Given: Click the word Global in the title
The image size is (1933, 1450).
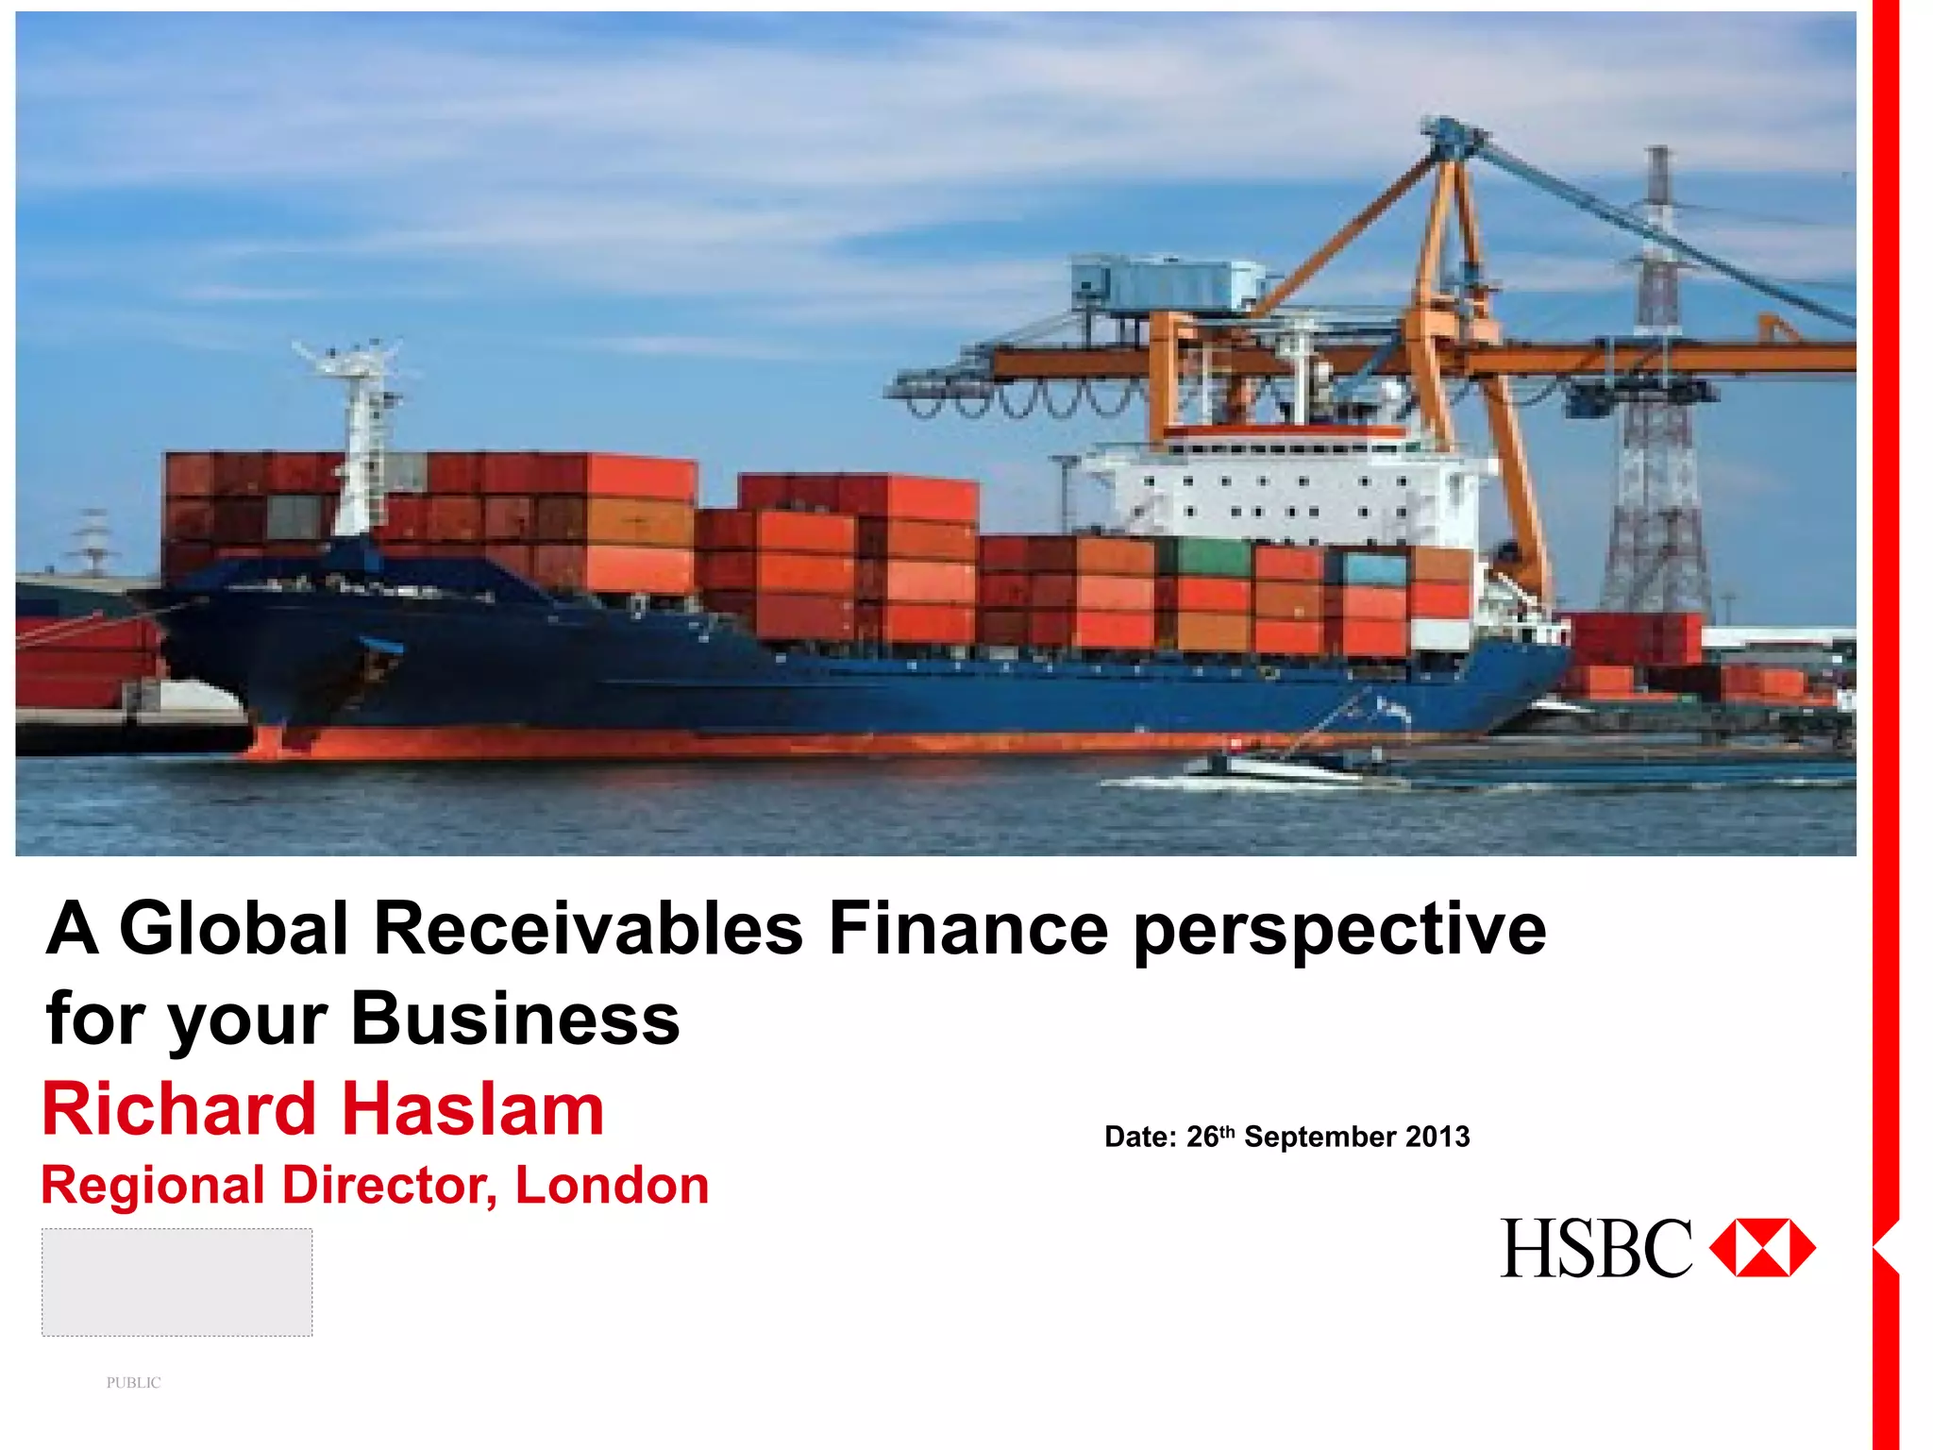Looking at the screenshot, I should [x=234, y=929].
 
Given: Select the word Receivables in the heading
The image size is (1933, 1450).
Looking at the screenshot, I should [x=588, y=929].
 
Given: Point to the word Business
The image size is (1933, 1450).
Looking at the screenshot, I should [x=515, y=1020].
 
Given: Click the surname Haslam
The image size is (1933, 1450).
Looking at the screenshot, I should [x=472, y=1109].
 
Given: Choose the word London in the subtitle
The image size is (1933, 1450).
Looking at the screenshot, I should [x=612, y=1186].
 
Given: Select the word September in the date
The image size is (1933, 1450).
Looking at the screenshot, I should [x=1319, y=1137].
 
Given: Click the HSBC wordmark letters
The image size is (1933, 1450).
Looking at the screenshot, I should [x=1595, y=1249].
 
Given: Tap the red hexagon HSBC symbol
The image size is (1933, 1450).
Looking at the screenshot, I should [x=1762, y=1248].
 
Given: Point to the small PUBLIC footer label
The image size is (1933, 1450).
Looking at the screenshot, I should [x=133, y=1383].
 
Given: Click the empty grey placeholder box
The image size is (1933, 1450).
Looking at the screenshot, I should [x=176, y=1282].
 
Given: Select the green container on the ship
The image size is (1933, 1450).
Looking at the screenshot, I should [x=1214, y=558].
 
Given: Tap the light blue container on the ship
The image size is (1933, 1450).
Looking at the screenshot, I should [x=1373, y=569].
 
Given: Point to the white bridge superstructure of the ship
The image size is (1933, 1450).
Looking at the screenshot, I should [x=1284, y=491].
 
